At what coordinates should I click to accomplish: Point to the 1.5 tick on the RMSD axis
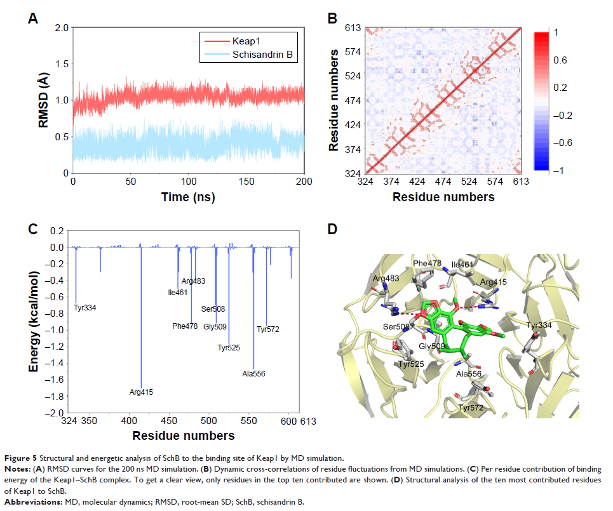pos(62,64)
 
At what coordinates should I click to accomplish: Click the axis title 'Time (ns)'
pos(189,197)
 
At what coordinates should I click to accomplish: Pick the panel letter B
pos(332,19)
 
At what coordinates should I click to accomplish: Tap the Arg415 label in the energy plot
pos(141,392)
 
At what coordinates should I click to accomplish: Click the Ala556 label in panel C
pos(253,374)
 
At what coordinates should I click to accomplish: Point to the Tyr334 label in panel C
pos(85,308)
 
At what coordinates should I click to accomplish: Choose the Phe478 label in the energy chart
pos(185,326)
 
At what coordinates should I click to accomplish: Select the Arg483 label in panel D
pos(386,279)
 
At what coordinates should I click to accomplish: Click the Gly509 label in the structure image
pos(431,346)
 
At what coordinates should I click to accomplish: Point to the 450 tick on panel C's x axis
pos(169,421)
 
